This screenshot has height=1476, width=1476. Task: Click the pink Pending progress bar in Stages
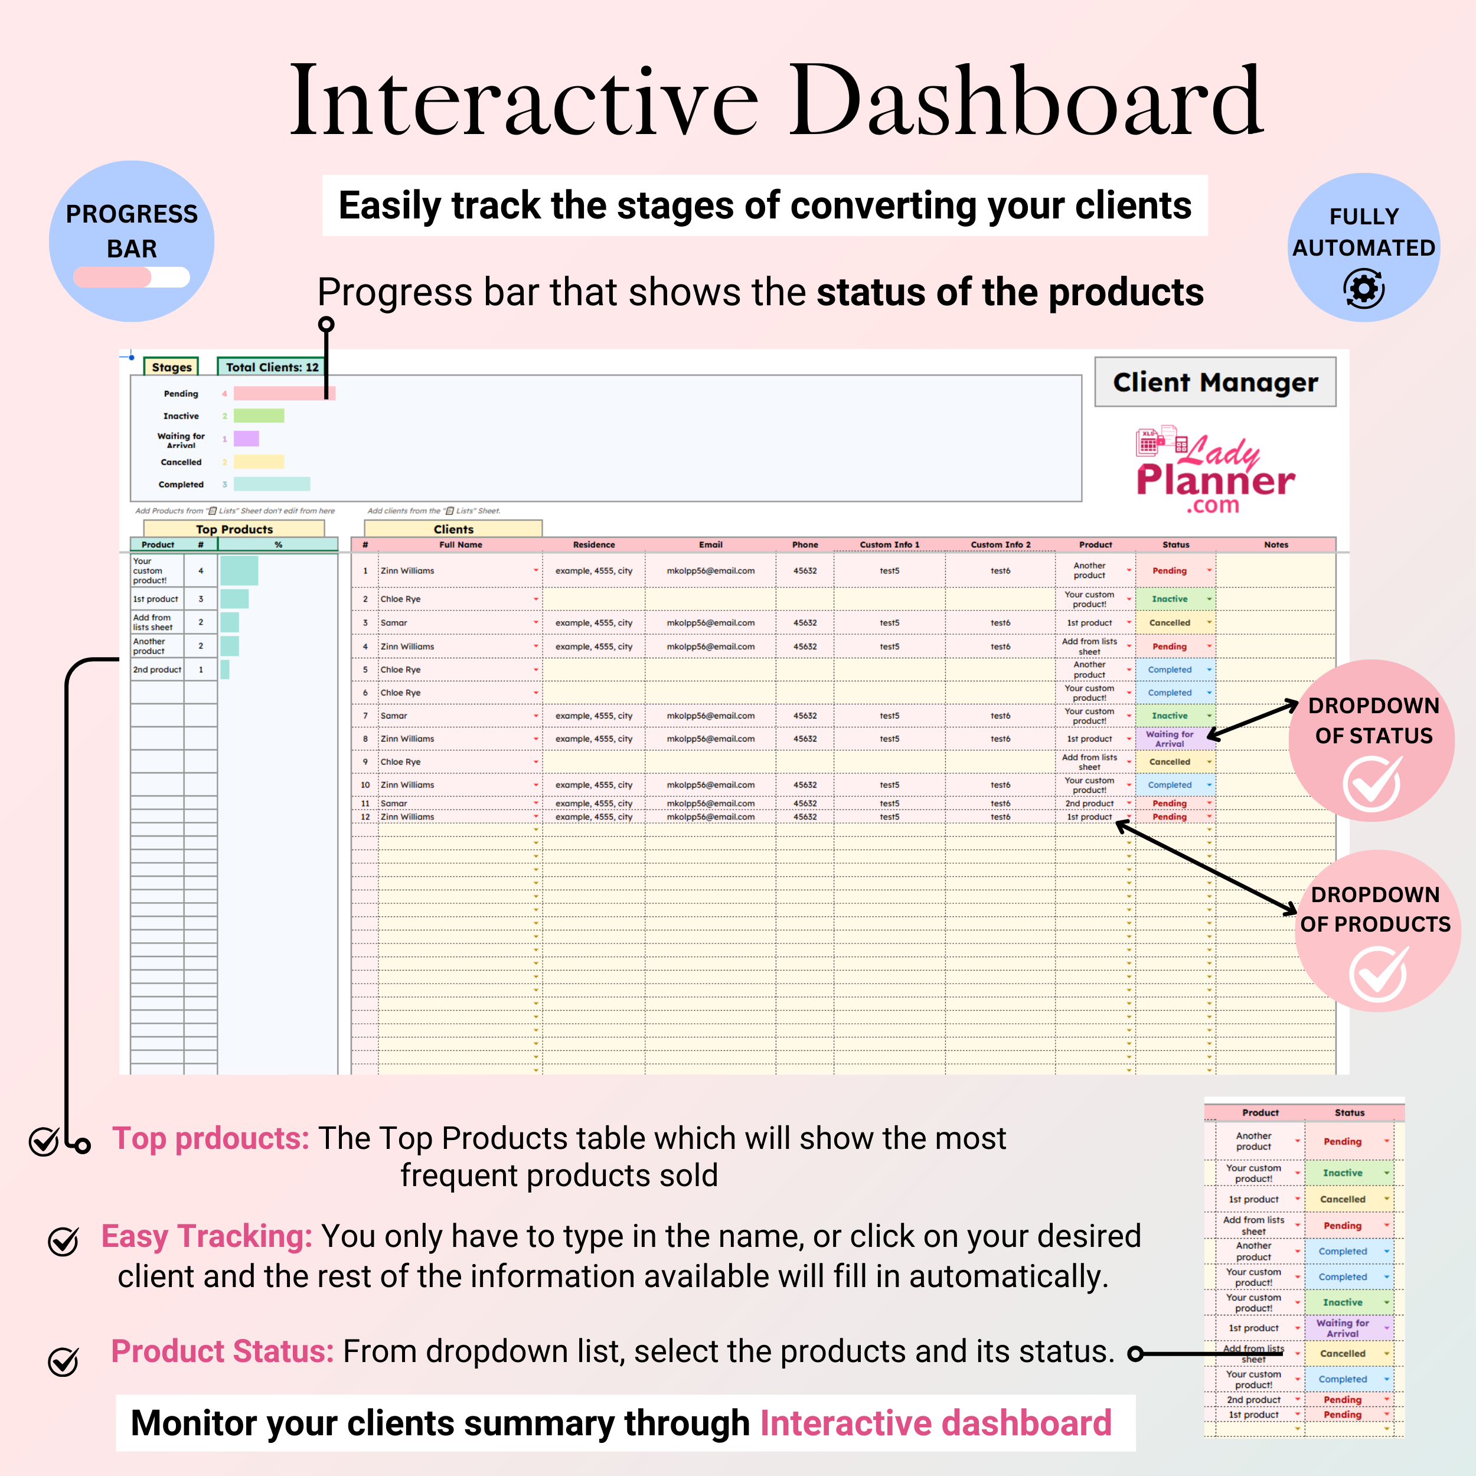[x=283, y=393]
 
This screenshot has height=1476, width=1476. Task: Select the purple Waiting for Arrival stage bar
[x=246, y=439]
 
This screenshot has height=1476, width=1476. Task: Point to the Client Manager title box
[x=1214, y=382]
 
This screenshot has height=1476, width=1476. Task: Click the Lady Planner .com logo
[x=1214, y=470]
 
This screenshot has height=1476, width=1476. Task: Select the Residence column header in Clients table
[x=593, y=545]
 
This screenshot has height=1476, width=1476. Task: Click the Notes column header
[x=1276, y=545]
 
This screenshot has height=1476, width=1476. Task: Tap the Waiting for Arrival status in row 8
[x=1169, y=739]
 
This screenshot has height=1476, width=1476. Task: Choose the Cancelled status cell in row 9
[x=1169, y=762]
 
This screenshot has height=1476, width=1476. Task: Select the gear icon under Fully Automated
[x=1364, y=289]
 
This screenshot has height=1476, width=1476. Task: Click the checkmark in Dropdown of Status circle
[x=1373, y=784]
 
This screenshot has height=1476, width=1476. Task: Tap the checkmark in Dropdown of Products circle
[x=1378, y=974]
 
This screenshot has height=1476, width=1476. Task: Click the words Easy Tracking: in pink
[x=206, y=1236]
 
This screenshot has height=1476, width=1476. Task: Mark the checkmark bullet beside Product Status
[x=63, y=1361]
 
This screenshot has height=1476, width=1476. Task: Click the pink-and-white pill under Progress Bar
[x=132, y=276]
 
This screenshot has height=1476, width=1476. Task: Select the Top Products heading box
[x=234, y=528]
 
